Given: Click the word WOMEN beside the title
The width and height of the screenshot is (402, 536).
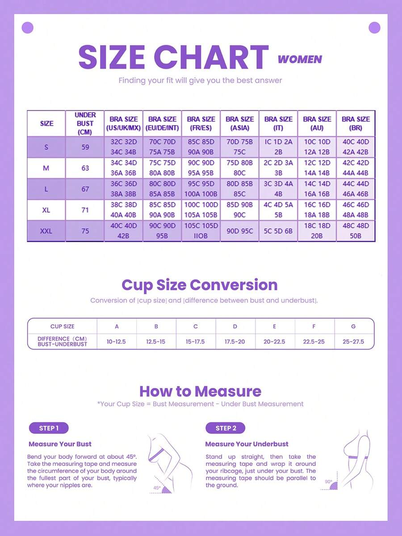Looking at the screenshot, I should tap(300, 59).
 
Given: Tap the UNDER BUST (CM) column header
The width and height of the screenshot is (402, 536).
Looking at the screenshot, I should tap(85, 123).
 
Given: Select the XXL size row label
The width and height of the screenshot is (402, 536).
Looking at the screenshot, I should tap(46, 231).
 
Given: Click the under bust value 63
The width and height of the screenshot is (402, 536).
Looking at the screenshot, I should tap(85, 168).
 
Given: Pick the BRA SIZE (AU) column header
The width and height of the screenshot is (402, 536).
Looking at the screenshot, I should tap(317, 123).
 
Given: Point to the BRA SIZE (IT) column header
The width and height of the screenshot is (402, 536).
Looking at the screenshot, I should tap(278, 123).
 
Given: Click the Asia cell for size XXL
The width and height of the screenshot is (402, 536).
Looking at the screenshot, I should tap(240, 231).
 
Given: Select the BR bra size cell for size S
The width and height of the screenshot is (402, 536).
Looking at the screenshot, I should tap(356, 147).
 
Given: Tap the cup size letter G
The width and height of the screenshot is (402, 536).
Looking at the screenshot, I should tap(354, 327).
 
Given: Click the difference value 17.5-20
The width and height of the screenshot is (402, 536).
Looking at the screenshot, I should tap(235, 341).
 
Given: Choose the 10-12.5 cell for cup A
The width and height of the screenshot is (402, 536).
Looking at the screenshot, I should tap(116, 341).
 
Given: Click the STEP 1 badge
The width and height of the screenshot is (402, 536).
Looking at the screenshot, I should tap(49, 428).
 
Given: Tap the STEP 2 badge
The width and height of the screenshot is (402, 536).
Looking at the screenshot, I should tap(226, 428).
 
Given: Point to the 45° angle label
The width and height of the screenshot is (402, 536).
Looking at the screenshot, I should tap(157, 488).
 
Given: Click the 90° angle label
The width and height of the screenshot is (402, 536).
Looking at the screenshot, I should tap(328, 482).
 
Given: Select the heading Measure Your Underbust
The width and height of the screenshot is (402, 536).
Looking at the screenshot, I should tap(247, 444).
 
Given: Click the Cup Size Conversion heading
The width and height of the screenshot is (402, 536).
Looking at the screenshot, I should tap(200, 285).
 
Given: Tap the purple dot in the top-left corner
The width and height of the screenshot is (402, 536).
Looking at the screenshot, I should tap(27, 28).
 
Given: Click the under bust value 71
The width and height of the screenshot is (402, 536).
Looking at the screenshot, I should tap(85, 210).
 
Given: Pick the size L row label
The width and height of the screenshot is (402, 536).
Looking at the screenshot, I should tap(46, 189).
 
